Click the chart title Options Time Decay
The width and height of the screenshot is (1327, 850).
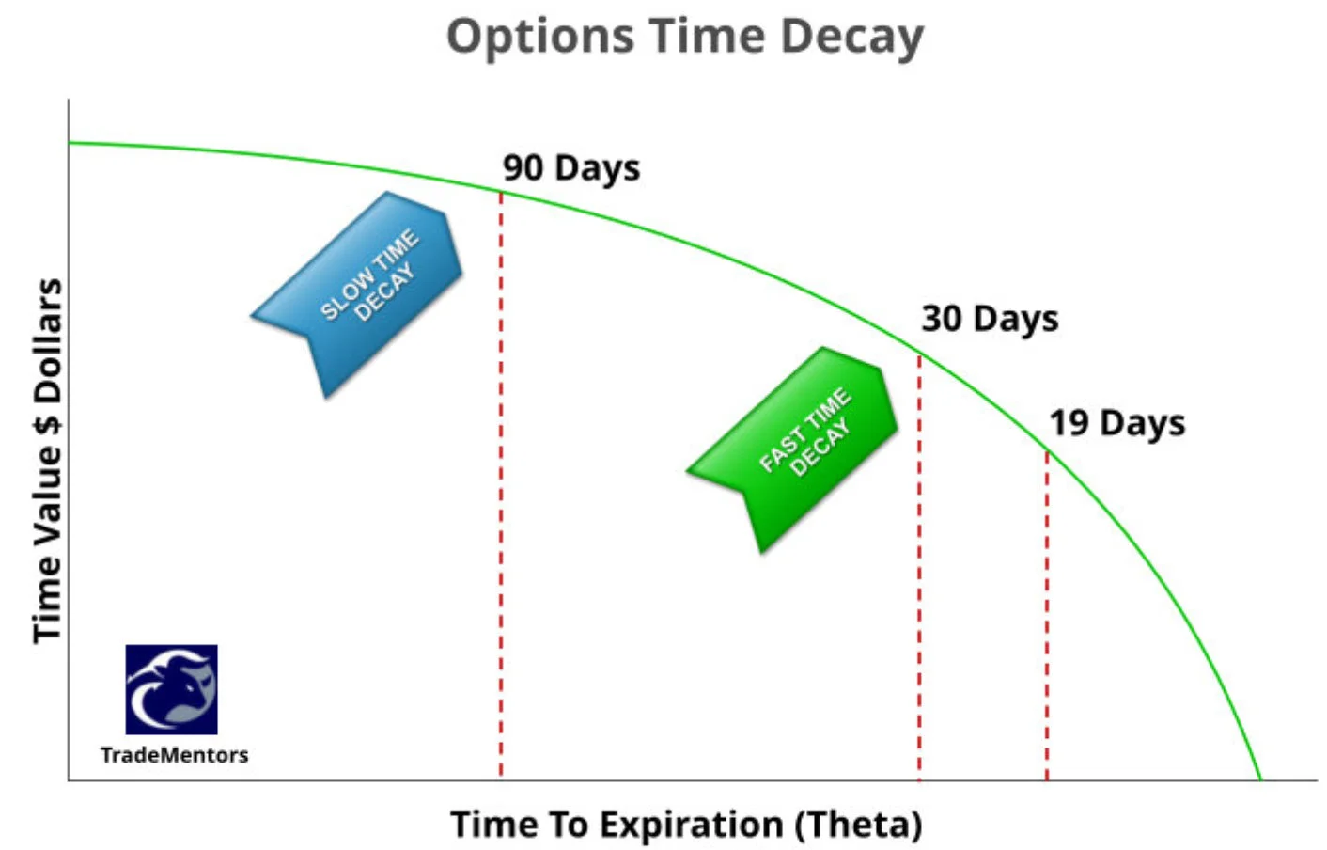point(684,38)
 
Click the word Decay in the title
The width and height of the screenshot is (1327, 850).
point(851,38)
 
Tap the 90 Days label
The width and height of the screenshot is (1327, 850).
point(570,168)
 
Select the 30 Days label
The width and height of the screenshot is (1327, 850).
point(990,319)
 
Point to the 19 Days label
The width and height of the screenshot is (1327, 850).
point(1116,423)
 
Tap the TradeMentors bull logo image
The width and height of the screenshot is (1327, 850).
point(171,689)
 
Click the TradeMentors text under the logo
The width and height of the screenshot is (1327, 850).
point(174,755)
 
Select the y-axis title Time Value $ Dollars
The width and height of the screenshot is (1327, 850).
point(47,461)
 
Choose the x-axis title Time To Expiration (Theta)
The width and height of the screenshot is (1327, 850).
point(686,825)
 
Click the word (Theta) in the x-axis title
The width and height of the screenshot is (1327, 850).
point(858,825)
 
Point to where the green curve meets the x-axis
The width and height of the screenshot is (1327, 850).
point(1260,779)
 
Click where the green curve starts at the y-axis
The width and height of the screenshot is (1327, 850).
point(70,143)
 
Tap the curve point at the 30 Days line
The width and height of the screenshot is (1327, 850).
point(919,355)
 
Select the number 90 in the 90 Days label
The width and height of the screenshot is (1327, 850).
point(523,168)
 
